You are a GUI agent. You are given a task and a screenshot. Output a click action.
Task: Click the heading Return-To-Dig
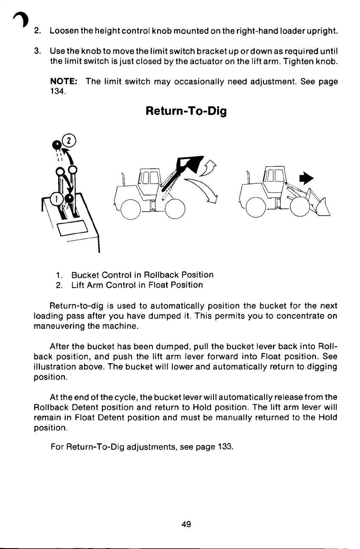[x=186, y=112]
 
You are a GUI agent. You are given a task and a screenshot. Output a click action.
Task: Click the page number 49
[x=186, y=524]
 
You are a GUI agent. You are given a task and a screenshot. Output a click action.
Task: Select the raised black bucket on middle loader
[x=191, y=164]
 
